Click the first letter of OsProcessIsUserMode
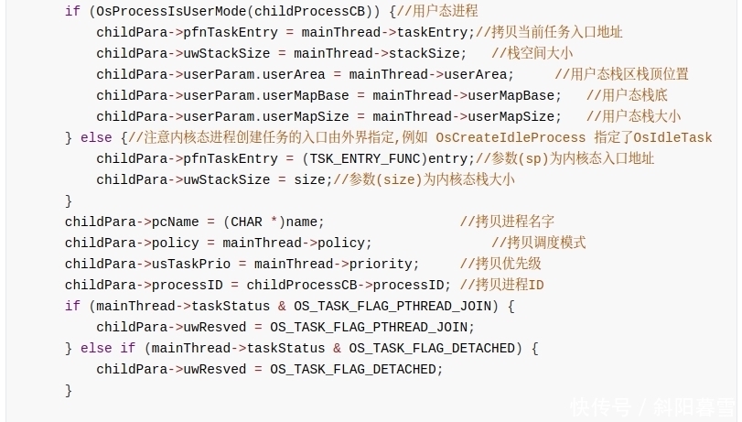click(101, 11)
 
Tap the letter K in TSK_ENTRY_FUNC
click(329, 158)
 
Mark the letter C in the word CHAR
click(235, 222)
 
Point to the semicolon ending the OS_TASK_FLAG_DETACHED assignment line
click(439, 370)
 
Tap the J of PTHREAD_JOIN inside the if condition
click(464, 307)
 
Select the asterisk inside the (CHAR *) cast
click(274, 222)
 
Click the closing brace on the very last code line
click(69, 390)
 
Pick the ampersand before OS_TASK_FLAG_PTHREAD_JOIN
click(282, 307)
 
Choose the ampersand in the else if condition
click(337, 349)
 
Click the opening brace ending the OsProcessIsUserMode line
click(393, 11)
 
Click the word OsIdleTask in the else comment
click(672, 138)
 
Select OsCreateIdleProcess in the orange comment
click(511, 138)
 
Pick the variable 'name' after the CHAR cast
click(301, 222)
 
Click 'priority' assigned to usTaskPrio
click(381, 265)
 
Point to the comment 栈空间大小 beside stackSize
click(540, 53)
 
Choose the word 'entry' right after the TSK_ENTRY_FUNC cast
click(447, 159)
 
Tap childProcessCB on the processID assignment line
click(301, 285)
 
